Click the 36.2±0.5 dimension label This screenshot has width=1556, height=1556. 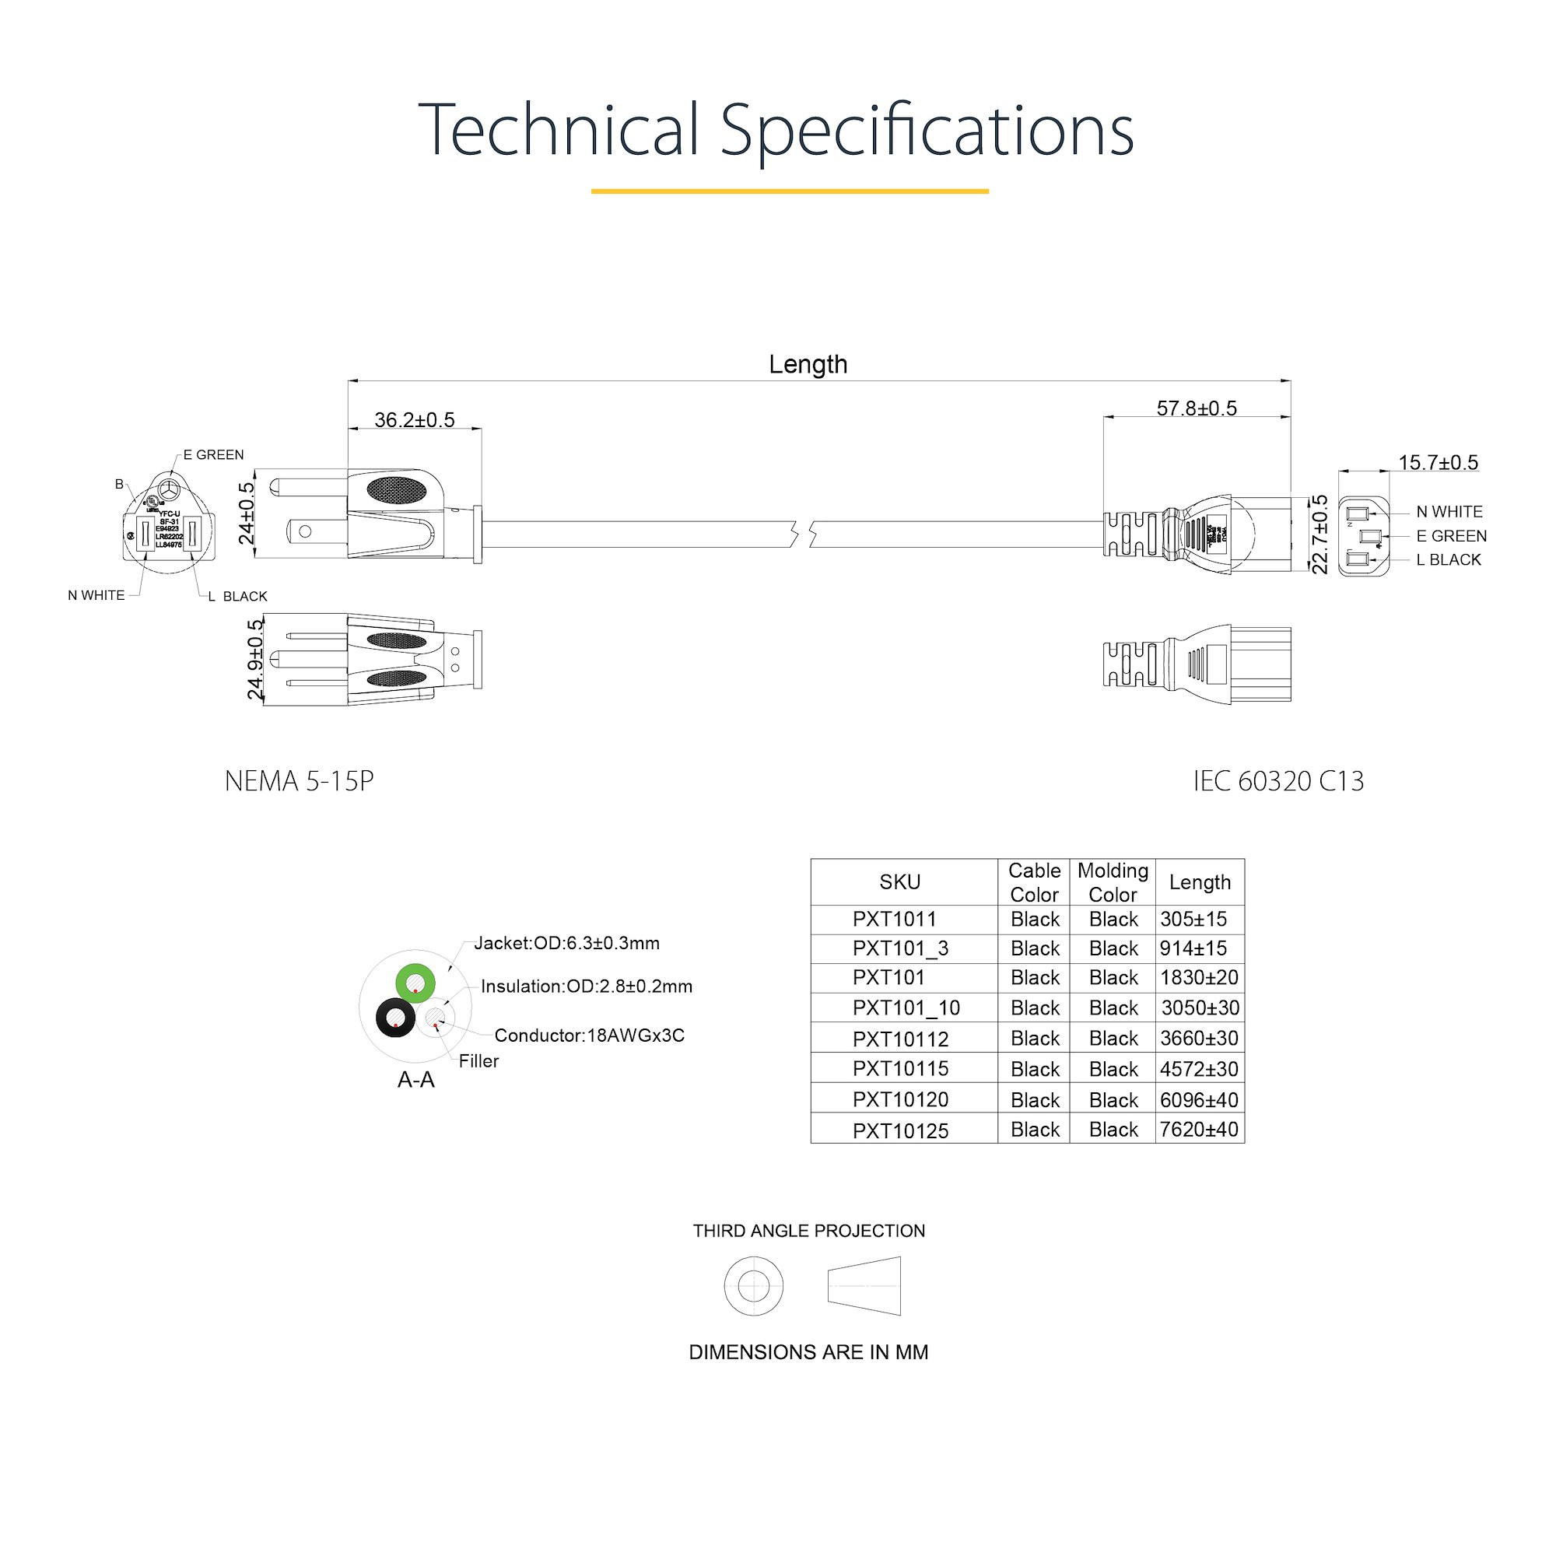click(x=414, y=419)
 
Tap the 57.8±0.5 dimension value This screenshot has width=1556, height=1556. click(x=1196, y=408)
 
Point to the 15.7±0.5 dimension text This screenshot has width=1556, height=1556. click(x=1439, y=462)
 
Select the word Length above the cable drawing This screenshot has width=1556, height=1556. click(x=808, y=364)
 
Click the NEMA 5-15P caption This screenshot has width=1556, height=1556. click(x=299, y=780)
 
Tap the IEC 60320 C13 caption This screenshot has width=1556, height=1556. click(x=1278, y=780)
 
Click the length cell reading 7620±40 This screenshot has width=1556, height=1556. click(x=1198, y=1129)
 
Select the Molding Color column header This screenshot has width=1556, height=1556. click(x=1113, y=882)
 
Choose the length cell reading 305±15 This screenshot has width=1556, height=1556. click(x=1193, y=919)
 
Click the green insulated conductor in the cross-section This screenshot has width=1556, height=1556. click(x=415, y=983)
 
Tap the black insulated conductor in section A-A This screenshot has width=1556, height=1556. click(x=395, y=1018)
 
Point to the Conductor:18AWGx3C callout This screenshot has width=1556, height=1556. click(x=589, y=1035)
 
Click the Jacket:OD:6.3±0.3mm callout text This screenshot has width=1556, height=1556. click(x=566, y=943)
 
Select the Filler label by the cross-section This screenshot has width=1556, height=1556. click(x=478, y=1060)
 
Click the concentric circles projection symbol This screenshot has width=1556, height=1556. click(x=753, y=1285)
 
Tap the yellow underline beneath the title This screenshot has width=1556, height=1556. click(x=789, y=191)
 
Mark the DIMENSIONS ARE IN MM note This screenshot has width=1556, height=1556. click(x=808, y=1352)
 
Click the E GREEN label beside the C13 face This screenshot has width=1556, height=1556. click(x=1451, y=535)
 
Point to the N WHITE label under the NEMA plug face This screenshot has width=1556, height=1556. click(x=96, y=595)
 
